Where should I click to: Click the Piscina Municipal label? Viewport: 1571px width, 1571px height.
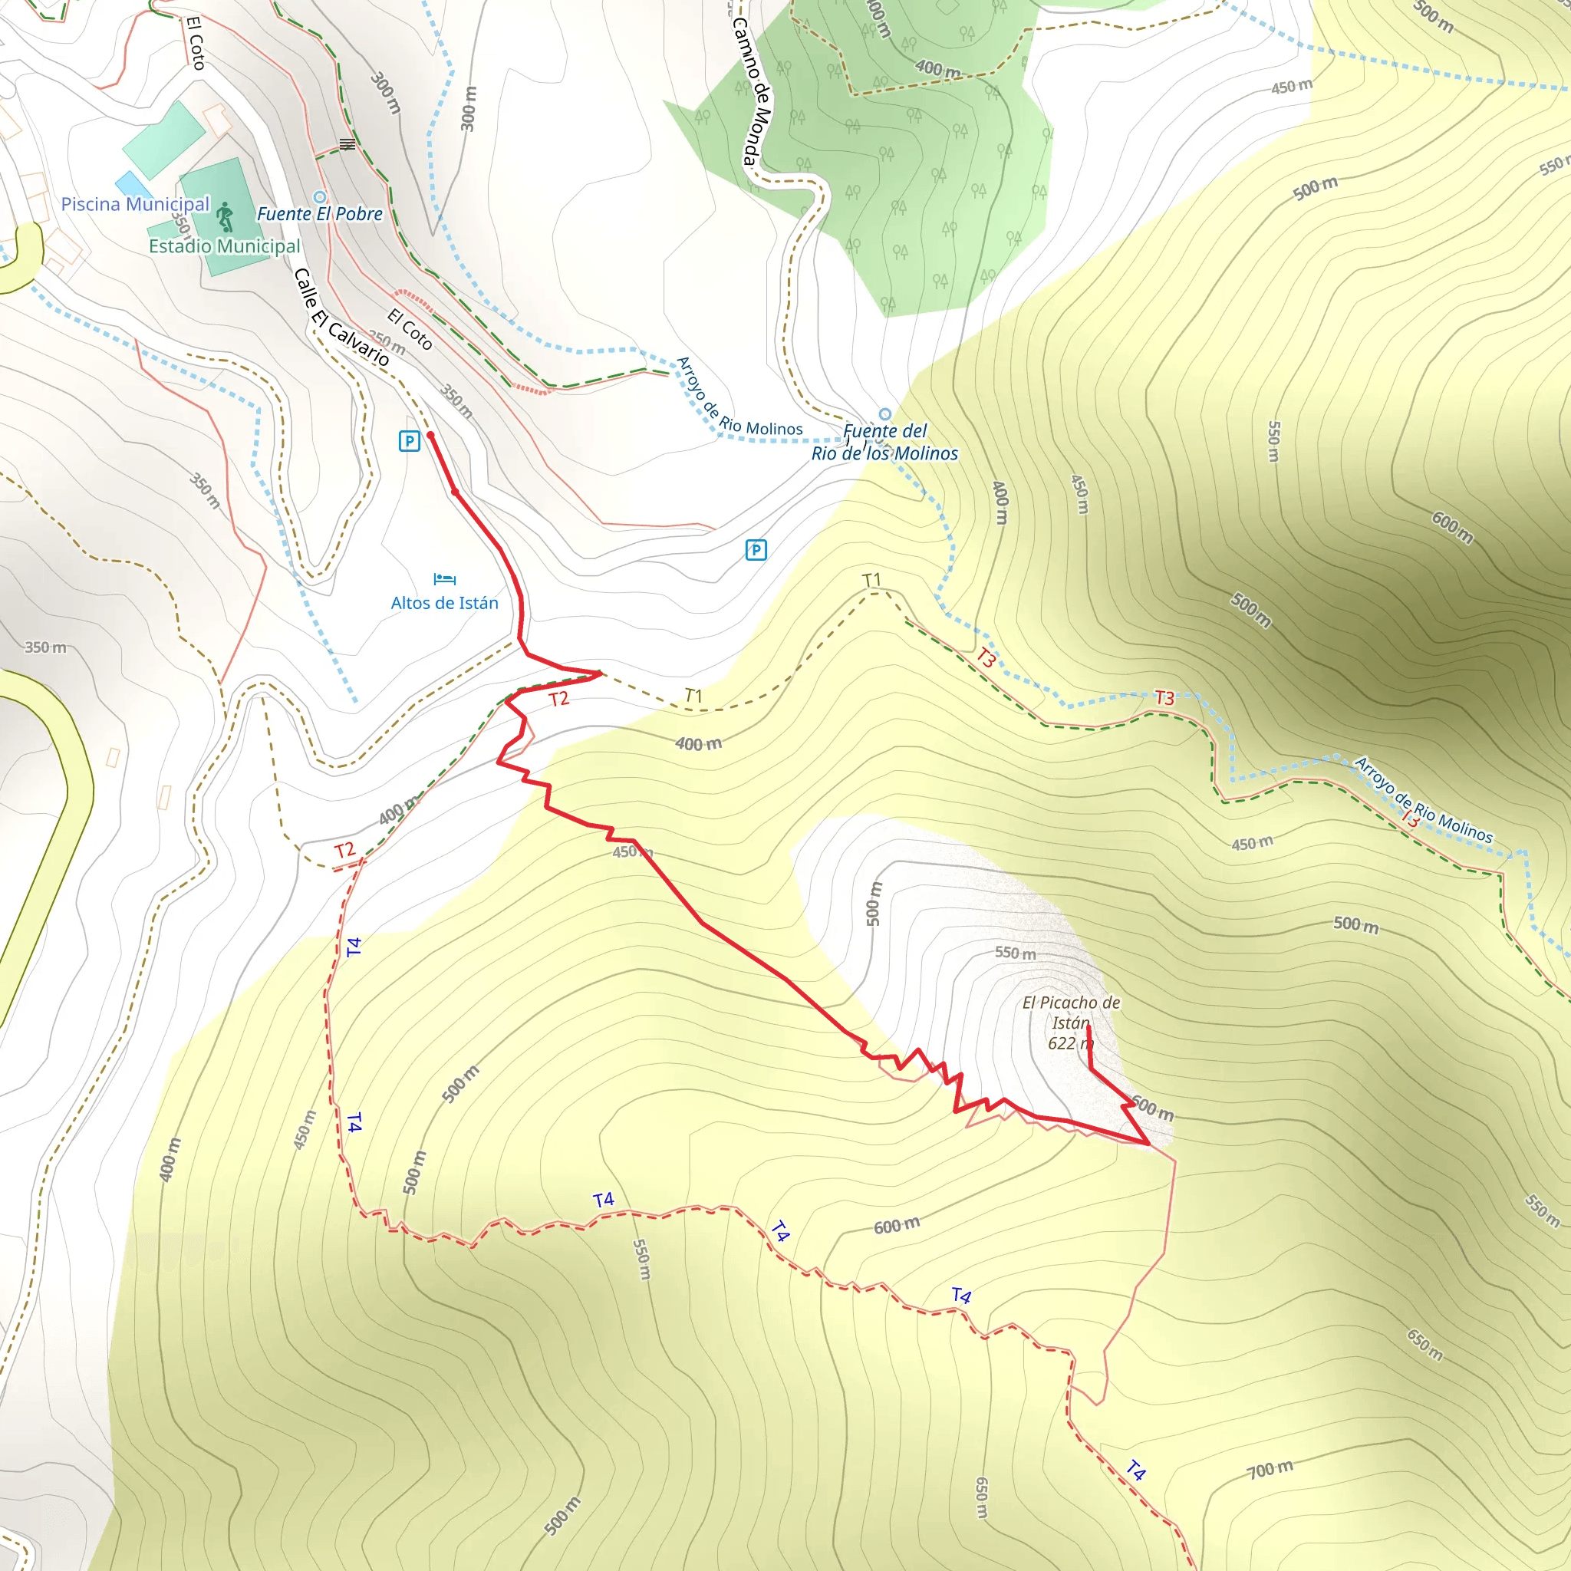[x=135, y=204]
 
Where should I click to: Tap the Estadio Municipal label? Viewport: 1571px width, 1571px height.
[x=225, y=246]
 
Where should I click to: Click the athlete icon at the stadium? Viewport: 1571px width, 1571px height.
[x=226, y=217]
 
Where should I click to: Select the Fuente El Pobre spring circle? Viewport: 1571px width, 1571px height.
[x=320, y=197]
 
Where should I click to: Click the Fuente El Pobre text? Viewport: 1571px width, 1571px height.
[x=320, y=214]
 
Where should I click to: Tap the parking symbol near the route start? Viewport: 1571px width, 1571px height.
[x=409, y=442]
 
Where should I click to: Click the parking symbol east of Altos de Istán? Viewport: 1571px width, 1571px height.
[x=756, y=551]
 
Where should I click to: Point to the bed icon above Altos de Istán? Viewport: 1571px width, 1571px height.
[x=444, y=579]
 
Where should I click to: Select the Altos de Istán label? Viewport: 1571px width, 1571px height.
[x=444, y=602]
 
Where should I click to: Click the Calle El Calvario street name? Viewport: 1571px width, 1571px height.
[x=341, y=317]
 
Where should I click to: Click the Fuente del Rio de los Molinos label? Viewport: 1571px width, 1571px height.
[x=884, y=443]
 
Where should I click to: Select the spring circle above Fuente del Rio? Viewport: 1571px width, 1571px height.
[x=884, y=415]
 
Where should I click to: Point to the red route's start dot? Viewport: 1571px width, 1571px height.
[x=431, y=436]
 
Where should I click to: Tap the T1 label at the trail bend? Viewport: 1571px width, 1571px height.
[x=871, y=580]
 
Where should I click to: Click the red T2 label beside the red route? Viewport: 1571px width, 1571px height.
[x=558, y=700]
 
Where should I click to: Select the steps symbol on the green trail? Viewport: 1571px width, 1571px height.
[x=347, y=145]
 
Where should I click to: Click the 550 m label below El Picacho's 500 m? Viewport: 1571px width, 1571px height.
[x=1015, y=953]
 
